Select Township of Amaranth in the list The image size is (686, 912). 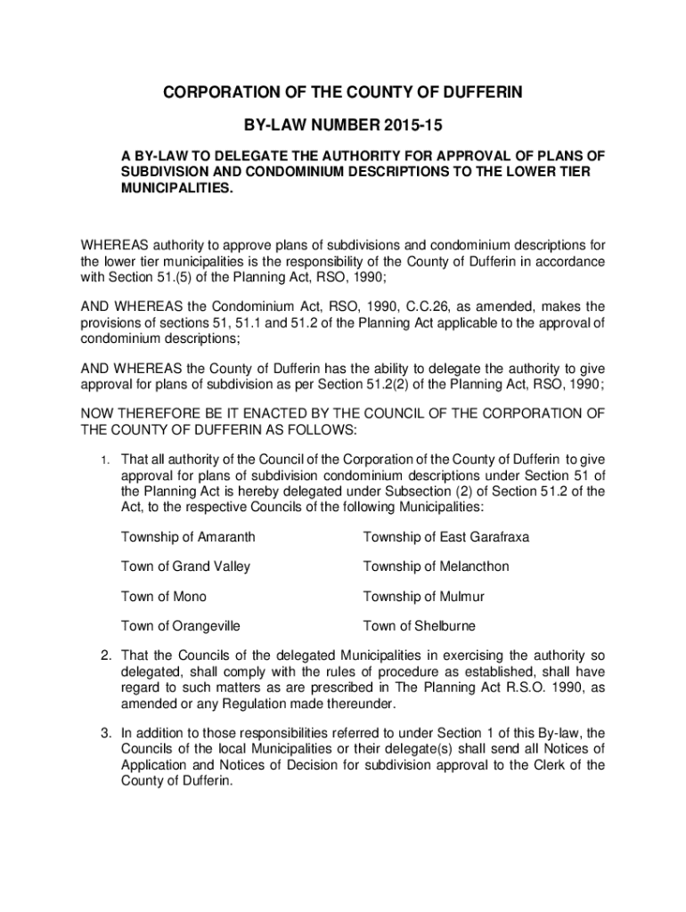click(188, 537)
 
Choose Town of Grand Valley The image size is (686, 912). click(185, 566)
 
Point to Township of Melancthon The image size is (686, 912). click(436, 566)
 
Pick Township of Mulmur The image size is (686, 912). click(423, 596)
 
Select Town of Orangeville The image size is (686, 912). click(180, 625)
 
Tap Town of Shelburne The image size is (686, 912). click(419, 625)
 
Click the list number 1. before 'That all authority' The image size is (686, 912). click(104, 460)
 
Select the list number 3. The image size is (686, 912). click(104, 734)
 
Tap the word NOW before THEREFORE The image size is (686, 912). click(99, 414)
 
